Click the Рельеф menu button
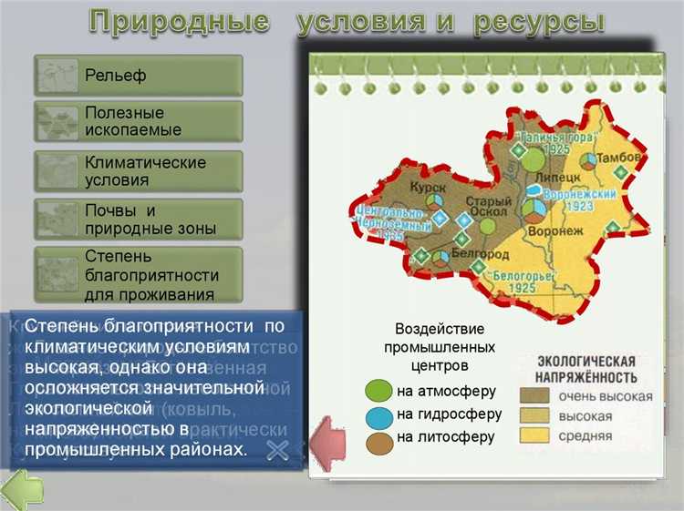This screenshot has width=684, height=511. pyautogui.click(x=138, y=76)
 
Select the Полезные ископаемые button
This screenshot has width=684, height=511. pyautogui.click(x=138, y=121)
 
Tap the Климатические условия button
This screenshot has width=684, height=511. pyautogui.click(x=138, y=170)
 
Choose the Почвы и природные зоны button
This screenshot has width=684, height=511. pyautogui.click(x=138, y=220)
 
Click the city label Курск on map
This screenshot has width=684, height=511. pyautogui.click(x=427, y=186)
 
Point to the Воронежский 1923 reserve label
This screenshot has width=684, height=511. pyautogui.click(x=580, y=199)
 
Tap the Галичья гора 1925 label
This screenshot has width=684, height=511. pyautogui.click(x=544, y=141)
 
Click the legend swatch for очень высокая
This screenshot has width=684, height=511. pyautogui.click(x=535, y=396)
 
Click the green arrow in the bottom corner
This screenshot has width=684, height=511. pyautogui.click(x=21, y=490)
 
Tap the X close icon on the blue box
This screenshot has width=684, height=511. pyautogui.click(x=279, y=447)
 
